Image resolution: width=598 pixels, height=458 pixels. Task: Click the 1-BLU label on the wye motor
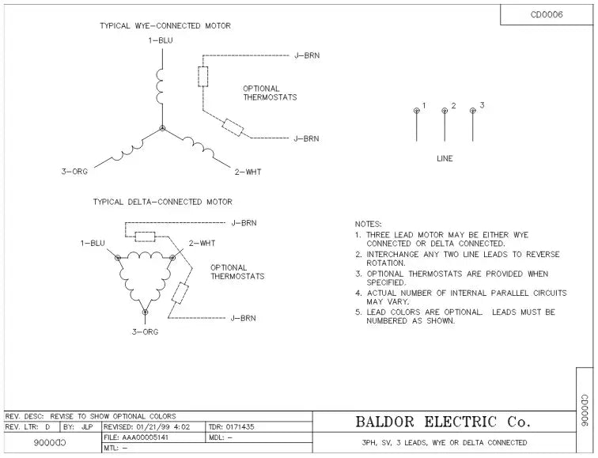(x=161, y=40)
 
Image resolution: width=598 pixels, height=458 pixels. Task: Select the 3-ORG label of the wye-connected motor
(x=75, y=171)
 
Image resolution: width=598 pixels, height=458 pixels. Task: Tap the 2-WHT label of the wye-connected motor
(x=247, y=171)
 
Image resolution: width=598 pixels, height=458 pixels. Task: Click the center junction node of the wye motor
(x=162, y=127)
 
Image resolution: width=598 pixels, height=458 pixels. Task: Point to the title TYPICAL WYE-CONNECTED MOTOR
(x=165, y=25)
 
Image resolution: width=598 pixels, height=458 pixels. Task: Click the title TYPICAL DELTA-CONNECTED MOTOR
(x=163, y=202)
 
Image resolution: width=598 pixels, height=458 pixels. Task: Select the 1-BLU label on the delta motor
(x=93, y=243)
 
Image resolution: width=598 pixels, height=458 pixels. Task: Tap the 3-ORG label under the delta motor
(x=145, y=331)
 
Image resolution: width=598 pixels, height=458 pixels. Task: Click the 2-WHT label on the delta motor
(x=202, y=243)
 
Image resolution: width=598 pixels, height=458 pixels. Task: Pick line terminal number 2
(x=445, y=111)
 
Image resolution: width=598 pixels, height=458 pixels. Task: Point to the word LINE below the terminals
(x=445, y=159)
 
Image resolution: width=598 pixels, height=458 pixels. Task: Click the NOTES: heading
(x=369, y=225)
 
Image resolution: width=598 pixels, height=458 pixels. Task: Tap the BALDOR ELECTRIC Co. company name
(x=443, y=422)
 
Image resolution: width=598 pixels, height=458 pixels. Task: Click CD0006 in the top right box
(x=547, y=14)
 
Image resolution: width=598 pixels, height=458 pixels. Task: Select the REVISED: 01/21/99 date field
(x=153, y=427)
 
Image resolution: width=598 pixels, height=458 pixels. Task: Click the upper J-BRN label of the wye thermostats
(x=307, y=55)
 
